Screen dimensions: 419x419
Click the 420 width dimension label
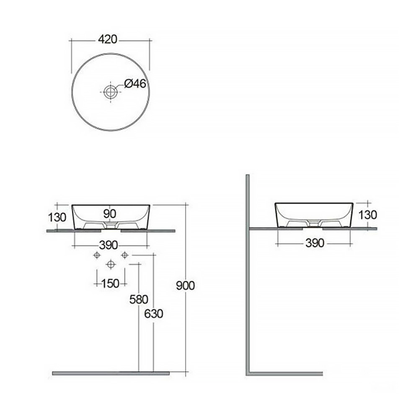pos(107,39)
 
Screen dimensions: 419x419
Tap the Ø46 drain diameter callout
pos(135,84)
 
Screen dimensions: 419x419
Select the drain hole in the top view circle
pos(110,92)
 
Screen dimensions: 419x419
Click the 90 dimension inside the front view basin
pos(110,214)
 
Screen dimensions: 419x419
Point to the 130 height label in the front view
pos(57,217)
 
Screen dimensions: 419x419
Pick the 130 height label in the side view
pos(368,215)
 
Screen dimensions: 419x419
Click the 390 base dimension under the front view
pos(109,245)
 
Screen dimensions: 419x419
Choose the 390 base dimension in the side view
pos(315,243)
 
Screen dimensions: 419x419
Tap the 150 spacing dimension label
pos(110,284)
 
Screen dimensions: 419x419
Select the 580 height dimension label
pos(139,300)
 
